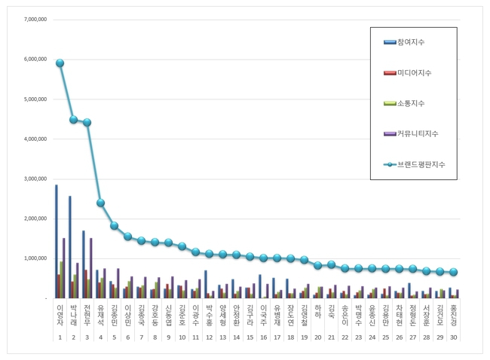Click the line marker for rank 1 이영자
tap(60, 63)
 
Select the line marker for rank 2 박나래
tap(73, 120)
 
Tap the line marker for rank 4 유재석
tap(100, 203)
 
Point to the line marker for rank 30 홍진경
tap(454, 273)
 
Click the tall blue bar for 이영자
tap(56, 241)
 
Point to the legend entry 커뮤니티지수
tap(418, 133)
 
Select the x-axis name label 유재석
tap(100, 316)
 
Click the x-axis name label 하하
tap(317, 311)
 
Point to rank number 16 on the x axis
tap(263, 339)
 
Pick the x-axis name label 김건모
tap(440, 316)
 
